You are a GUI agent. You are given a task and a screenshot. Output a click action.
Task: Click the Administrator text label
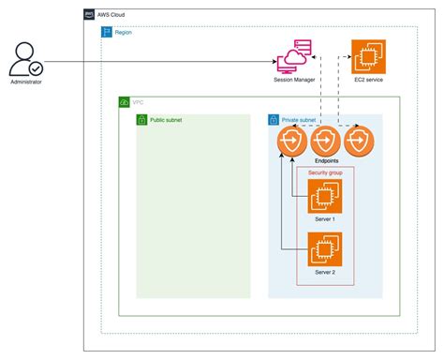coord(24,83)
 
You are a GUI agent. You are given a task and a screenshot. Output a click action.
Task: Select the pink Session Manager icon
coord(293,58)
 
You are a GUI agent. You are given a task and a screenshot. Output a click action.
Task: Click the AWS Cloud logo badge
coord(88,15)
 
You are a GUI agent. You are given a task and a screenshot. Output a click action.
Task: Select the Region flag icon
coord(107,31)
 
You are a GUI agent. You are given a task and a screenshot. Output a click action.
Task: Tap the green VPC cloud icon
coord(125,102)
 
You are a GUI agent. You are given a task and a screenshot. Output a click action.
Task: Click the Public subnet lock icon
coord(141,120)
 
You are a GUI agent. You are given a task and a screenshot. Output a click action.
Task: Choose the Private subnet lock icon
coord(274,120)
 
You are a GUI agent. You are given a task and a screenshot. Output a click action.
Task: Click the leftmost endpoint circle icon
coord(292,143)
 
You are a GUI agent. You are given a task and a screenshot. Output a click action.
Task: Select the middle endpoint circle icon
coord(325,143)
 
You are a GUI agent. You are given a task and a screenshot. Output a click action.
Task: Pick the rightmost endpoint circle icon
coord(358,143)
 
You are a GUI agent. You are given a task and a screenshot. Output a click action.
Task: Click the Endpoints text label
coord(325,161)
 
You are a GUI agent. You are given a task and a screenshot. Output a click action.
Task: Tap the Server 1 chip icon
coord(325,196)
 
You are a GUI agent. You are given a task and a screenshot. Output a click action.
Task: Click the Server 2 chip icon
coord(325,249)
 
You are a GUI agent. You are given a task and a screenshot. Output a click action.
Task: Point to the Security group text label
coord(325,173)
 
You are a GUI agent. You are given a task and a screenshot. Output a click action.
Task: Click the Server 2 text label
coord(325,272)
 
